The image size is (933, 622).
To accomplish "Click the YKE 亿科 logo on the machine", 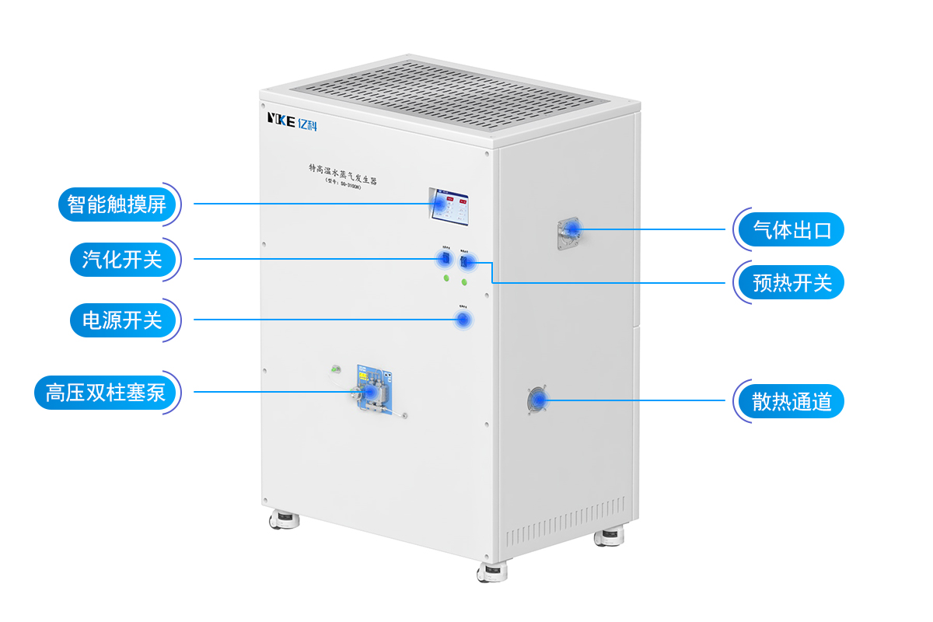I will (292, 120).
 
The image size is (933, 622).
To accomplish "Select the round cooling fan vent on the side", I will (536, 401).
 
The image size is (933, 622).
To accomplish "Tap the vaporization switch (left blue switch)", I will (446, 259).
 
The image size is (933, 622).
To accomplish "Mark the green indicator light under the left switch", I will (446, 278).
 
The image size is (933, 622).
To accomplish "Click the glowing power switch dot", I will (463, 320).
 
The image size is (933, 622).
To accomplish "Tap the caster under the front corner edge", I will (492, 572).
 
